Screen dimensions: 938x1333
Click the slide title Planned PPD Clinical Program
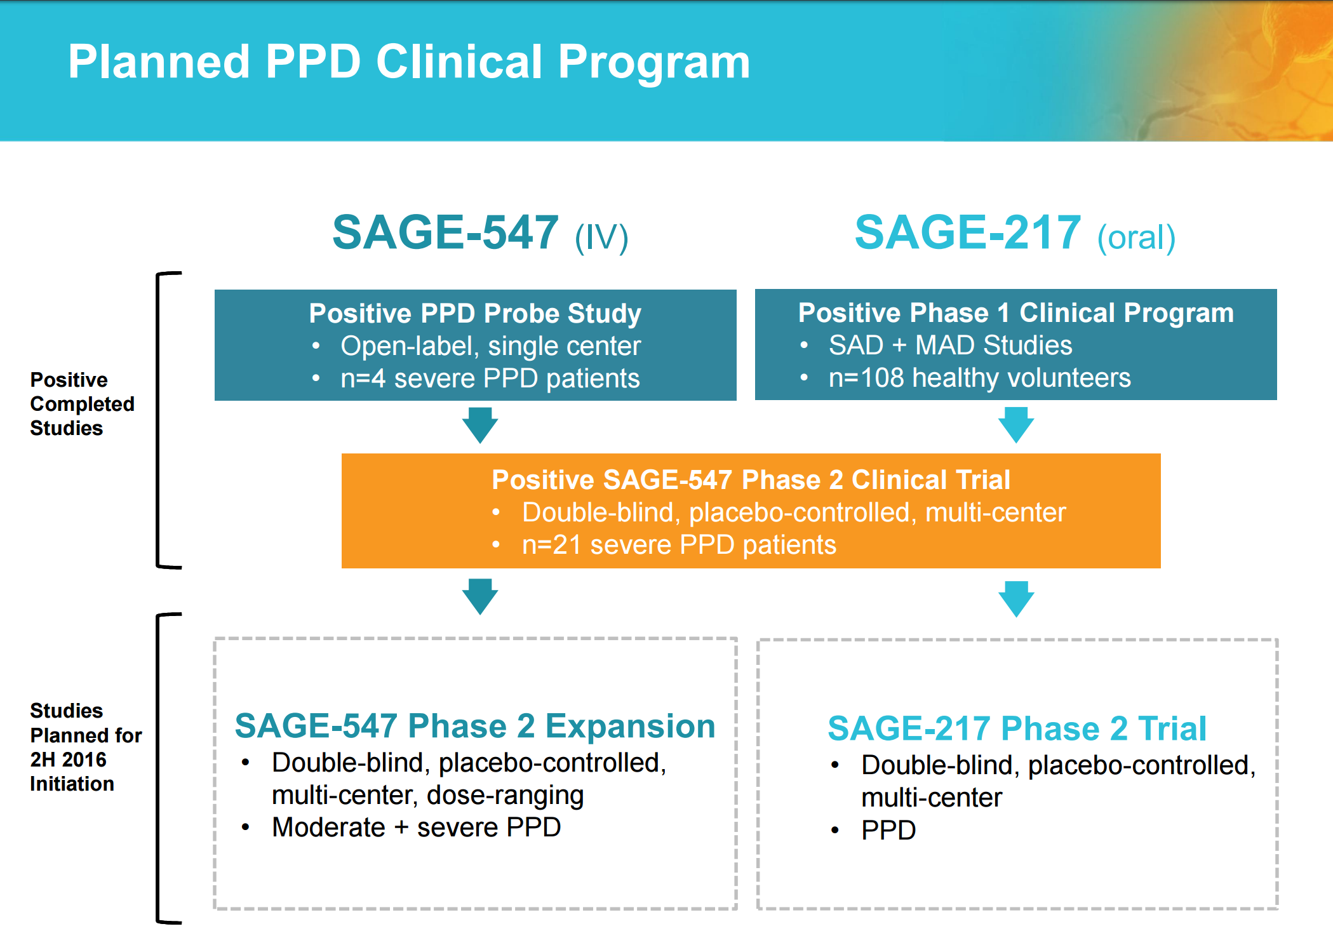(409, 62)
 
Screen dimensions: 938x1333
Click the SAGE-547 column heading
(445, 232)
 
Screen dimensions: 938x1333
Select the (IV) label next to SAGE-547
(601, 238)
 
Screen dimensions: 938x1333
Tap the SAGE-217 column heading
(967, 232)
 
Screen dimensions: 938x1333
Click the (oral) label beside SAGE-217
(1136, 238)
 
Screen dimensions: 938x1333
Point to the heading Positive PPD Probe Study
(475, 313)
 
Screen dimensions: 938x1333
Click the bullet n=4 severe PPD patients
(490, 379)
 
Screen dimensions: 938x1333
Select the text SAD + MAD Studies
(950, 345)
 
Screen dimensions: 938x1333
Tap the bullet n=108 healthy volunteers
(979, 378)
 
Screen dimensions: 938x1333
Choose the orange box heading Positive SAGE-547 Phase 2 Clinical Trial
(751, 479)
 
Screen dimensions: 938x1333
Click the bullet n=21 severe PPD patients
(679, 545)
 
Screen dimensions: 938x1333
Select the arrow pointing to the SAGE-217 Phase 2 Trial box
(1016, 599)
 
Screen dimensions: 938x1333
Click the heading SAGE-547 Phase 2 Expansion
(475, 726)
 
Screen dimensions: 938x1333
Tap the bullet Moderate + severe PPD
(416, 827)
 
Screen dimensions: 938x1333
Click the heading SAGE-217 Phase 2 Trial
(1017, 728)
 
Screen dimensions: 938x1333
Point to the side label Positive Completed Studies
(81, 404)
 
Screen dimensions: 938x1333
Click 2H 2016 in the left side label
(68, 760)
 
